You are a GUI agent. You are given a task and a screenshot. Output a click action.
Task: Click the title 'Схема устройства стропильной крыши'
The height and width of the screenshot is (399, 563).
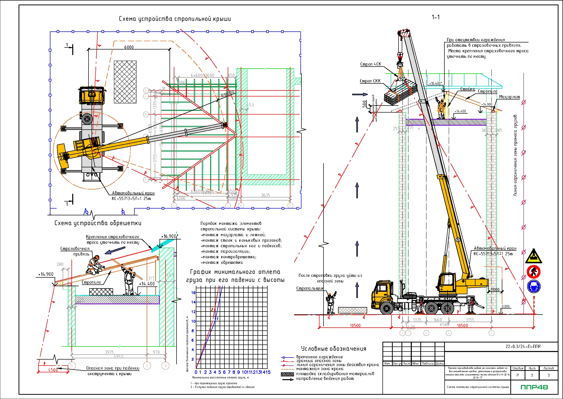[175, 19]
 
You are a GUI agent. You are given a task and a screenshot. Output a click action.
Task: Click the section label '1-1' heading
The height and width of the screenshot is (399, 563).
[436, 17]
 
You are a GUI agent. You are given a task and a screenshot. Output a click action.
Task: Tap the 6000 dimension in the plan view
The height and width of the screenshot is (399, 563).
[129, 47]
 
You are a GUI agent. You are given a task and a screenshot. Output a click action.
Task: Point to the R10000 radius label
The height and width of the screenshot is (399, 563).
[228, 94]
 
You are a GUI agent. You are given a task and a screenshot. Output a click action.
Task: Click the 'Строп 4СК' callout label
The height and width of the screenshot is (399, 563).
[370, 64]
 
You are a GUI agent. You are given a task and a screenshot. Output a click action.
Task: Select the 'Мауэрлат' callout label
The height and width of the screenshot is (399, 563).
[509, 97]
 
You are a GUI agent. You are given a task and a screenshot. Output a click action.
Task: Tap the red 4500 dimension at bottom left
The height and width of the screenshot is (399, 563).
[53, 370]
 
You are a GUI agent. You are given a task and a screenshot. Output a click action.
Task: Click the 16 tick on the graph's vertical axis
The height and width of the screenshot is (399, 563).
[193, 292]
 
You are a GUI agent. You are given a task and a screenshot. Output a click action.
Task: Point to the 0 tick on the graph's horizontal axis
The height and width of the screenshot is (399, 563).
[196, 372]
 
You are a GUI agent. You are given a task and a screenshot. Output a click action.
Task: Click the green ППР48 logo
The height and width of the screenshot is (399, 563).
[534, 387]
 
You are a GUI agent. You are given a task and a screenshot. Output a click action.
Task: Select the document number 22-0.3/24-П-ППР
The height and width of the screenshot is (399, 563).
[523, 346]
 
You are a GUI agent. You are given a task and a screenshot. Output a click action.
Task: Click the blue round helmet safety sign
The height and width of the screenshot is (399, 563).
[534, 286]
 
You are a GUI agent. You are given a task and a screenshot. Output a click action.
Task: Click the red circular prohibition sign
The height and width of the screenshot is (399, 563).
[534, 272]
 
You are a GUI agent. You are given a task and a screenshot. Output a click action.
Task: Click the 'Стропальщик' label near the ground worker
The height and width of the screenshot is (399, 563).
[310, 288]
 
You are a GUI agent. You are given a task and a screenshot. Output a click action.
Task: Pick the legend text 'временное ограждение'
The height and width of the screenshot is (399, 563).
[319, 357]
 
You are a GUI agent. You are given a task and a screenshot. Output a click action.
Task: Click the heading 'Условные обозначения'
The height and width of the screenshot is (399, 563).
[334, 349]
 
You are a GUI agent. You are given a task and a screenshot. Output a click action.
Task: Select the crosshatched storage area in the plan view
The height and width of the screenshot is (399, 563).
[125, 82]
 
